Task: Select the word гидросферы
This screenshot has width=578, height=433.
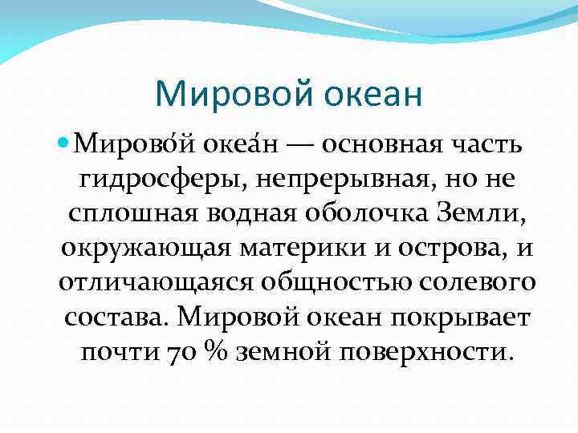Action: click(x=163, y=181)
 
